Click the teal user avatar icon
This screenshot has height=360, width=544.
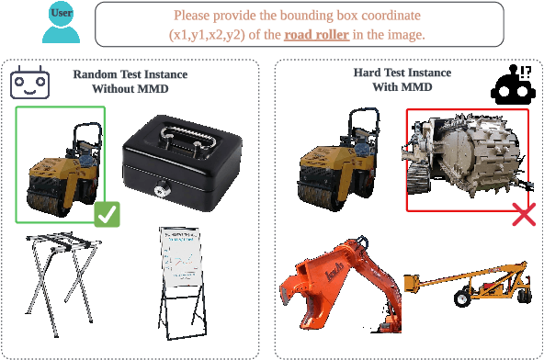pyautogui.click(x=62, y=22)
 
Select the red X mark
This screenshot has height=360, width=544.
pyautogui.click(x=523, y=214)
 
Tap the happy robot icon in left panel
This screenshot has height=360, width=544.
pyautogui.click(x=28, y=83)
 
